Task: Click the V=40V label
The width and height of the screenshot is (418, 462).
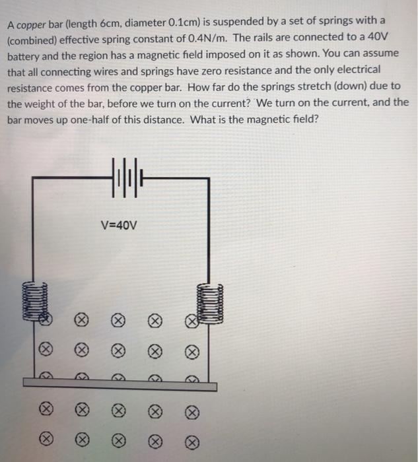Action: (x=119, y=226)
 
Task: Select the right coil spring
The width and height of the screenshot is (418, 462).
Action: (x=210, y=304)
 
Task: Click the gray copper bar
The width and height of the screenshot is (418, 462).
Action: (x=120, y=385)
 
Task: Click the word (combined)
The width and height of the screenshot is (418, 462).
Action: (x=32, y=40)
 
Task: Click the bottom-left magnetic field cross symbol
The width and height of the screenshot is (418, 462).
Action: (x=46, y=440)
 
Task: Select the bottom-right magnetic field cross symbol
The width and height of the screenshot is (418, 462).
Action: (x=192, y=443)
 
